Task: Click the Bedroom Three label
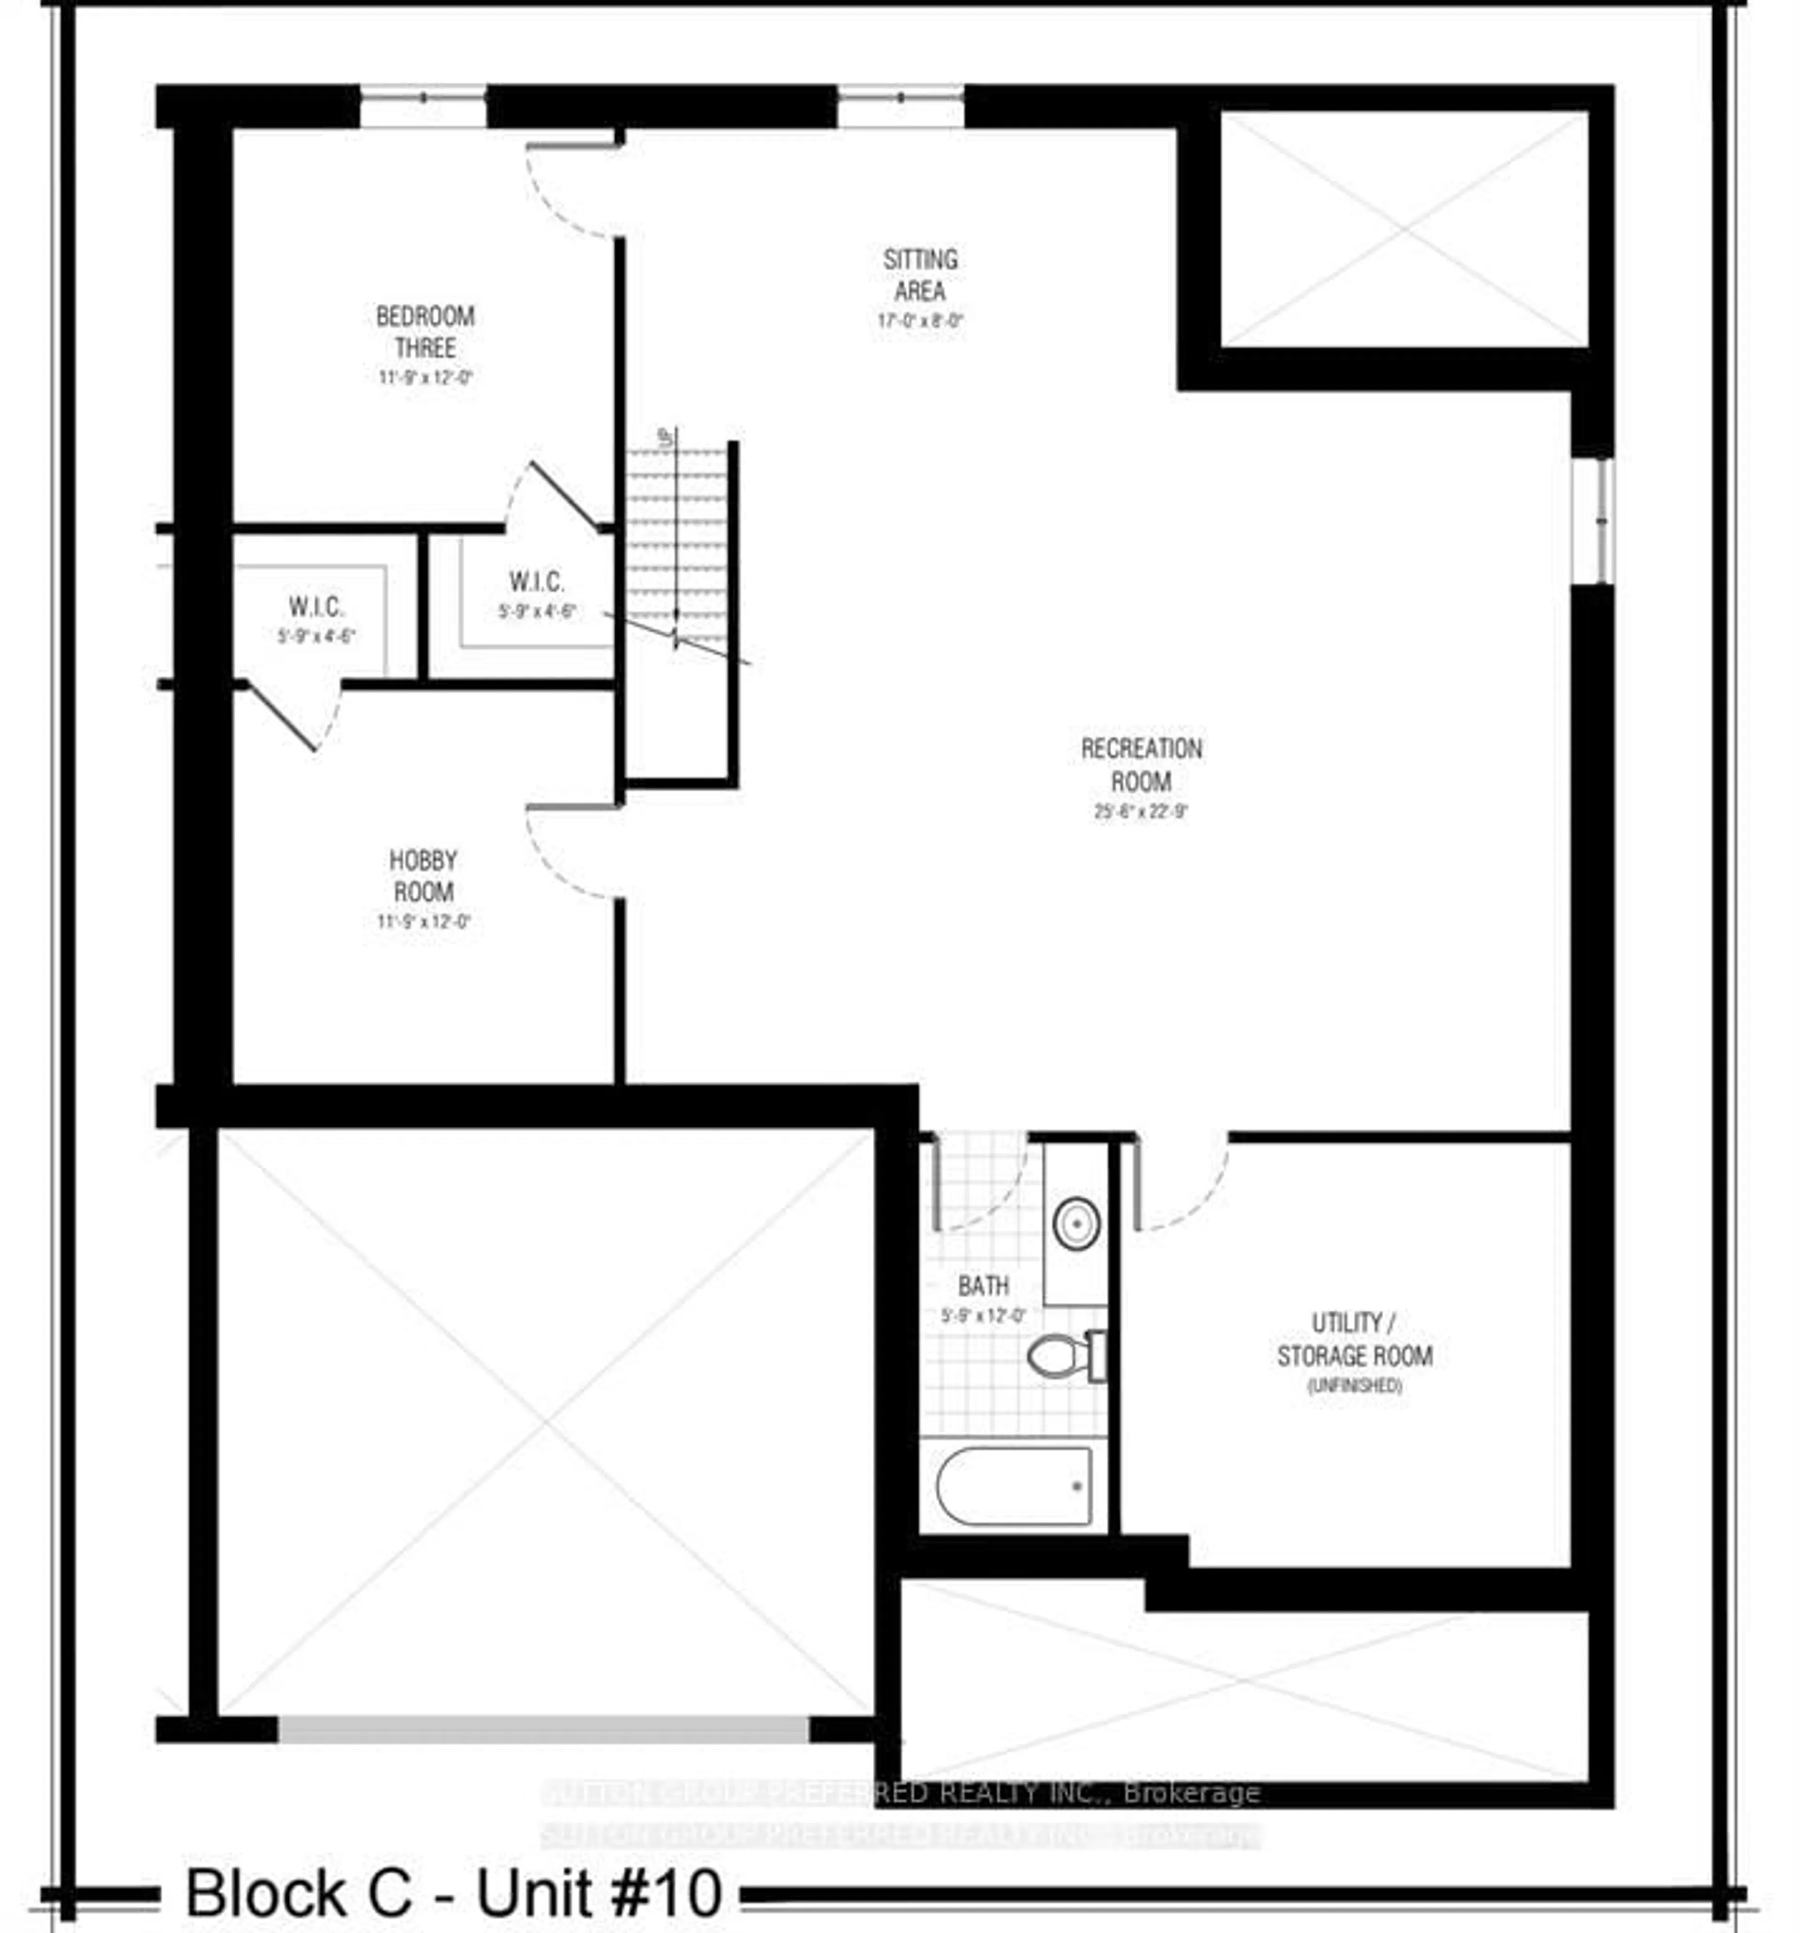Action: [425, 332]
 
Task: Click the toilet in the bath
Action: [1065, 1354]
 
